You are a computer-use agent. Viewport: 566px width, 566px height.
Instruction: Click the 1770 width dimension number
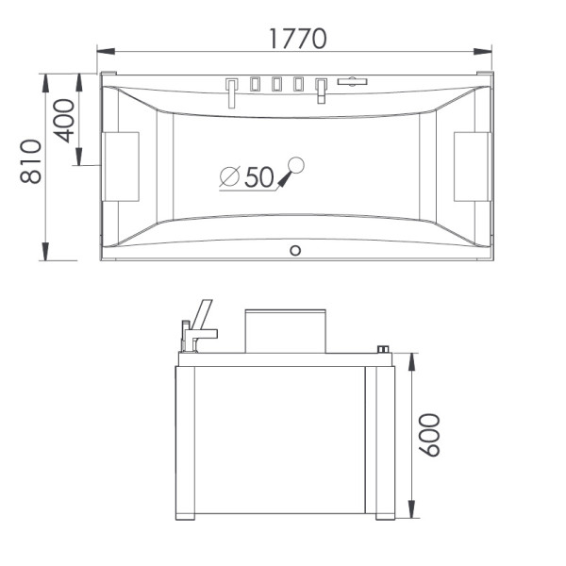298,39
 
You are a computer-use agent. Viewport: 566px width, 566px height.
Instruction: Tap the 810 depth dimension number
31,161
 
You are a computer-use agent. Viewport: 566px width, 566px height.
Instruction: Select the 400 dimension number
64,121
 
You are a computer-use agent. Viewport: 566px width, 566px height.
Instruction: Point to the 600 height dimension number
429,435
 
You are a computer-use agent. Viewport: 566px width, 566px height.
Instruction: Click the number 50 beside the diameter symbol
259,177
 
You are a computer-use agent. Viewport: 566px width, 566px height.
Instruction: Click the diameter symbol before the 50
230,177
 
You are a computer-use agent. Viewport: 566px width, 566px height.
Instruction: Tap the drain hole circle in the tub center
296,165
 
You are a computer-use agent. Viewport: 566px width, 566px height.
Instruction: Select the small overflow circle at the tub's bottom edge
295,251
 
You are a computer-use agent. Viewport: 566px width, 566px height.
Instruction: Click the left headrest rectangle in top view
121,166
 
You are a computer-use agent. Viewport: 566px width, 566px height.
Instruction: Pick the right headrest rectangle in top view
473,166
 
